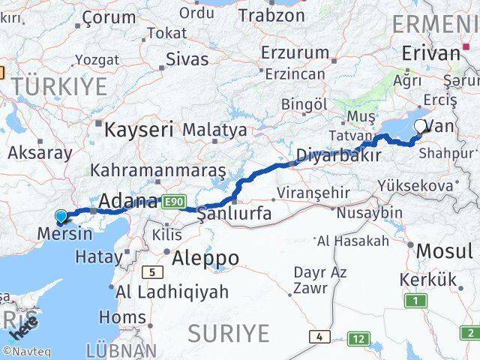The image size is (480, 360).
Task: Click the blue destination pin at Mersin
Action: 61,217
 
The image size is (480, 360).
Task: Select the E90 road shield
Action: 172,201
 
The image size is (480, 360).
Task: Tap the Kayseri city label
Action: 139,130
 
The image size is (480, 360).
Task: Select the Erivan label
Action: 430,53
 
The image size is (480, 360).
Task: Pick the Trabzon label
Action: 271,15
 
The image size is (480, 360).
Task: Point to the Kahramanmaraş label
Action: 157,170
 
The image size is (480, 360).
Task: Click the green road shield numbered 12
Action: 360,339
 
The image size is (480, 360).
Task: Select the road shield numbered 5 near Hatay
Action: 153,272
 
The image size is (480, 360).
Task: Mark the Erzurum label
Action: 295,52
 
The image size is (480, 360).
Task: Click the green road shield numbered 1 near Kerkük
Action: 415,301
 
